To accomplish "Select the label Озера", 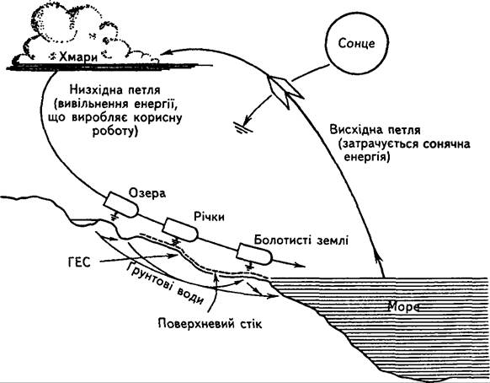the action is coord(147,193).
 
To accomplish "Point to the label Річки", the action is coord(209,217).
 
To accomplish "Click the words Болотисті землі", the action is coord(301,240).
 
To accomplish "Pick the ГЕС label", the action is coord(79,262).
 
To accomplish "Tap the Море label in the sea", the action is coord(403,306).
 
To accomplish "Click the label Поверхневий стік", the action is coord(210,323).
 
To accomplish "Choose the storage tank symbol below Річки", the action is coord(180,229).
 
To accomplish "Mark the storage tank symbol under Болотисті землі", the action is coord(255,253).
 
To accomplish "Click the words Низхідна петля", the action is coord(115,90).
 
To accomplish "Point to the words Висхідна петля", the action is coord(375,130).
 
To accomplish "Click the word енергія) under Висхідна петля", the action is coord(367,157).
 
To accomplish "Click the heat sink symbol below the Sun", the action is coord(243,127).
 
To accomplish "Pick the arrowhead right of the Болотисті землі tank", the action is coord(299,266).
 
